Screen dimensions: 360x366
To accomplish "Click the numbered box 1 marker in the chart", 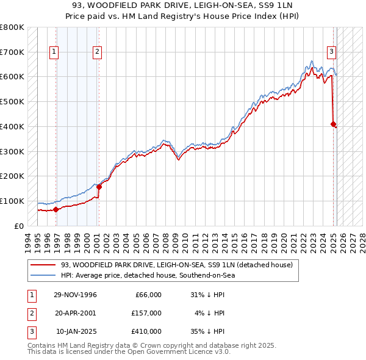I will click(54, 52).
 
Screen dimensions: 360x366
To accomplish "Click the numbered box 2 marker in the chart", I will click(97, 52).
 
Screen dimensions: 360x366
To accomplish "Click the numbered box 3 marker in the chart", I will click(331, 52).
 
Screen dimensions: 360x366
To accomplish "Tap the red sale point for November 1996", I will click(56, 209).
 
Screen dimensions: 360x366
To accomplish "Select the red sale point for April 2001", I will click(99, 187).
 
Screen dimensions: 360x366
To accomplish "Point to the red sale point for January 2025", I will click(333, 124).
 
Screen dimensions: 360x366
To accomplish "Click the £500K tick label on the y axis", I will click(12, 102).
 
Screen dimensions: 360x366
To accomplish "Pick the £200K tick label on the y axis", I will click(12, 176).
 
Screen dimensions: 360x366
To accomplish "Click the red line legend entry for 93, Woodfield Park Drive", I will click(177, 265).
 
